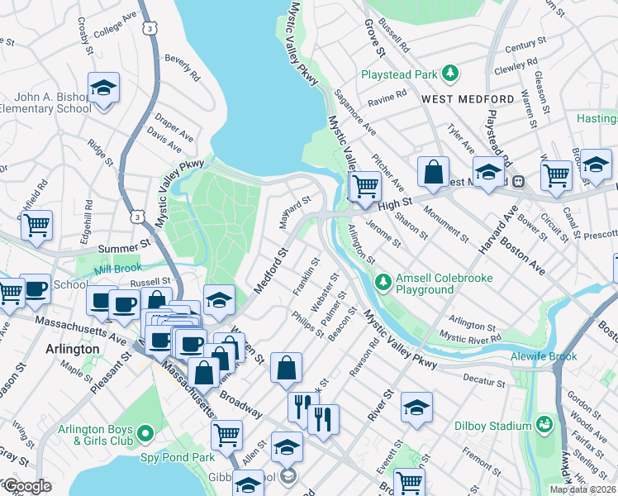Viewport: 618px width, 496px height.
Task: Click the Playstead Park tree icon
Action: (x=449, y=74)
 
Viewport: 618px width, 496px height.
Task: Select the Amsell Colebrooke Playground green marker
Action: (x=383, y=283)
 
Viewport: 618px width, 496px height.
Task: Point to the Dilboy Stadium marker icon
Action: (x=544, y=426)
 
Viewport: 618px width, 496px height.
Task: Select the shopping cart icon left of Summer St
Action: (x=36, y=225)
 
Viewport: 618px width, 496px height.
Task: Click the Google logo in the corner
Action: (x=27, y=486)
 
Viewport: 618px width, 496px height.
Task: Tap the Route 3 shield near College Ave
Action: (x=150, y=28)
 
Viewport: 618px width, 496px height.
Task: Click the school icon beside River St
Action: (x=416, y=407)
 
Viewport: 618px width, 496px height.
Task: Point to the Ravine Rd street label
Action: (x=389, y=95)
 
